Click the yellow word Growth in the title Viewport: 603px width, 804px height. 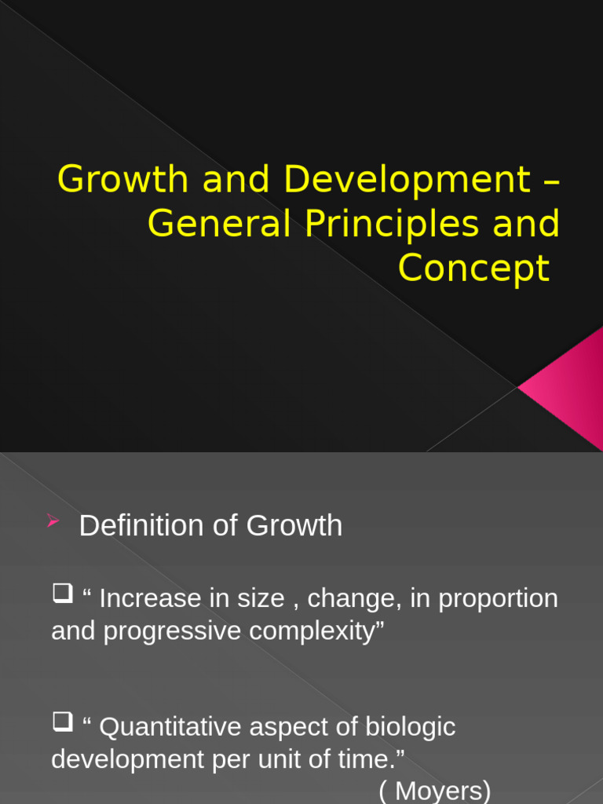[x=125, y=180]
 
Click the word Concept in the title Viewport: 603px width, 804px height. [x=473, y=269]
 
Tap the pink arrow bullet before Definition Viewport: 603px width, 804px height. [x=54, y=521]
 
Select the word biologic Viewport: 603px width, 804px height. [x=410, y=727]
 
